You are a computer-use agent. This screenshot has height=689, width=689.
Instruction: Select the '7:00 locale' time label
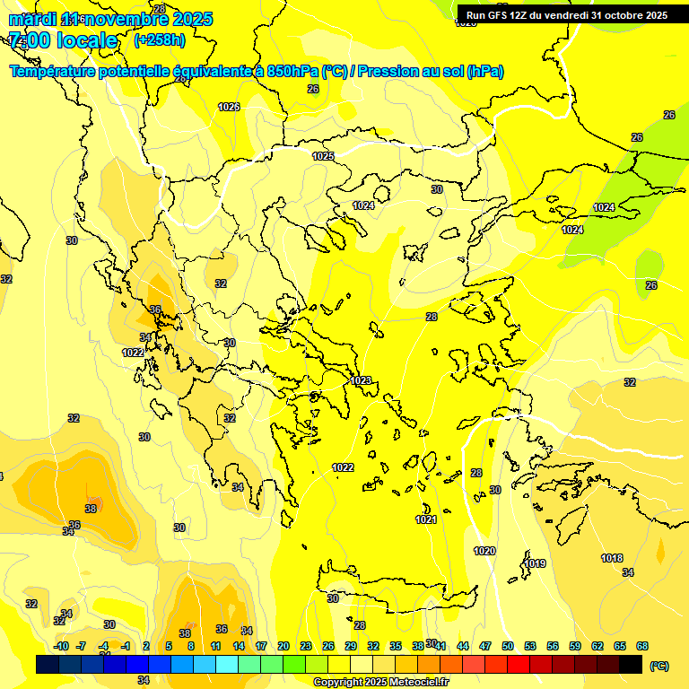[63, 40]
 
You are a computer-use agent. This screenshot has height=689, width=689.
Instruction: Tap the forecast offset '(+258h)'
[160, 40]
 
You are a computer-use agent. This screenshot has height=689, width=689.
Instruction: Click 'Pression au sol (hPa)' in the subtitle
[431, 72]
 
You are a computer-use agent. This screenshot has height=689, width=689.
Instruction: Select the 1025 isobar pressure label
[323, 156]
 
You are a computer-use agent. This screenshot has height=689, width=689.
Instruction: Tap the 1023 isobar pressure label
[361, 380]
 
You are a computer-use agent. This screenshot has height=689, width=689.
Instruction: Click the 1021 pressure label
[426, 520]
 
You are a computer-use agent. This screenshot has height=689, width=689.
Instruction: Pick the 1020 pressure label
[484, 551]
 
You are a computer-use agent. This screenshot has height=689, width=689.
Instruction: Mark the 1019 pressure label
[536, 563]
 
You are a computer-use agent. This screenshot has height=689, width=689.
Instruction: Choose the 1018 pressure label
[612, 558]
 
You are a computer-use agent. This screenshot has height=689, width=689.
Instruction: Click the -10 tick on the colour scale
[61, 646]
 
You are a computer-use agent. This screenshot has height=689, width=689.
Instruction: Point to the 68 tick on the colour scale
[642, 646]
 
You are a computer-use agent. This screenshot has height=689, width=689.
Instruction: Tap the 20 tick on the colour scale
[283, 646]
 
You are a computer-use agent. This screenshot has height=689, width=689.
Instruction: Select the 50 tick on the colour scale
[508, 646]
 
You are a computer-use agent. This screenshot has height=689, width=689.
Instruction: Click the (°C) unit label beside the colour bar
[659, 666]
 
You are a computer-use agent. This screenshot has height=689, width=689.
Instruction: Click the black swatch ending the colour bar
[631, 664]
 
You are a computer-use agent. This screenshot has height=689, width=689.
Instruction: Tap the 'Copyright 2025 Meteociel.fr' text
[380, 683]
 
